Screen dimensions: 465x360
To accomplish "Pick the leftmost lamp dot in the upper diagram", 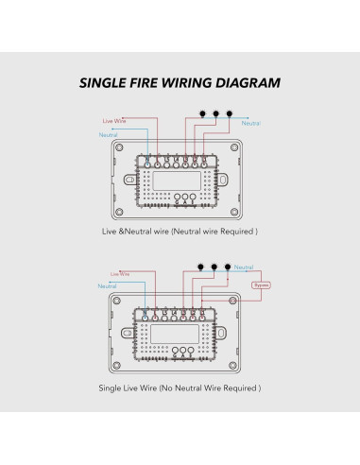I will [201, 113].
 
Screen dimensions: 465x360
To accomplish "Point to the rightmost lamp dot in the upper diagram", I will [229, 113].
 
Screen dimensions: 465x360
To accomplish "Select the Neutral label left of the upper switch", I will [109, 136].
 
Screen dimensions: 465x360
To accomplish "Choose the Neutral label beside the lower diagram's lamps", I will [244, 269].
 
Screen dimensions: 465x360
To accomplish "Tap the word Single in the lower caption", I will [111, 387].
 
